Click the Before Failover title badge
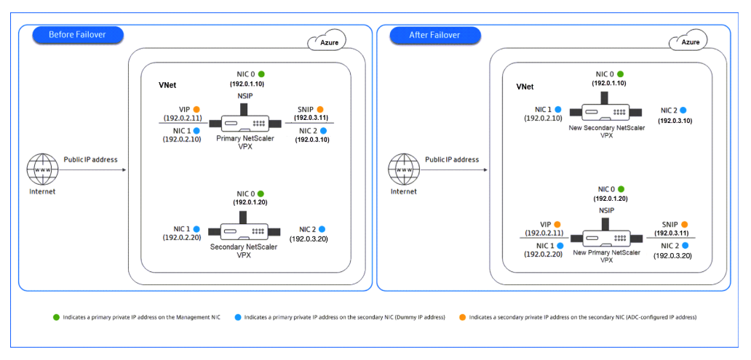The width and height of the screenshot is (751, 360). click(77, 35)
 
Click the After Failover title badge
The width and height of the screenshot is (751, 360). click(435, 35)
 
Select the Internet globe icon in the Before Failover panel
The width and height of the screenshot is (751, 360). click(42, 169)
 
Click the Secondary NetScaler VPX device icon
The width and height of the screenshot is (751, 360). click(240, 231)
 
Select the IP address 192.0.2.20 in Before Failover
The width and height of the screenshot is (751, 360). click(183, 238)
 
